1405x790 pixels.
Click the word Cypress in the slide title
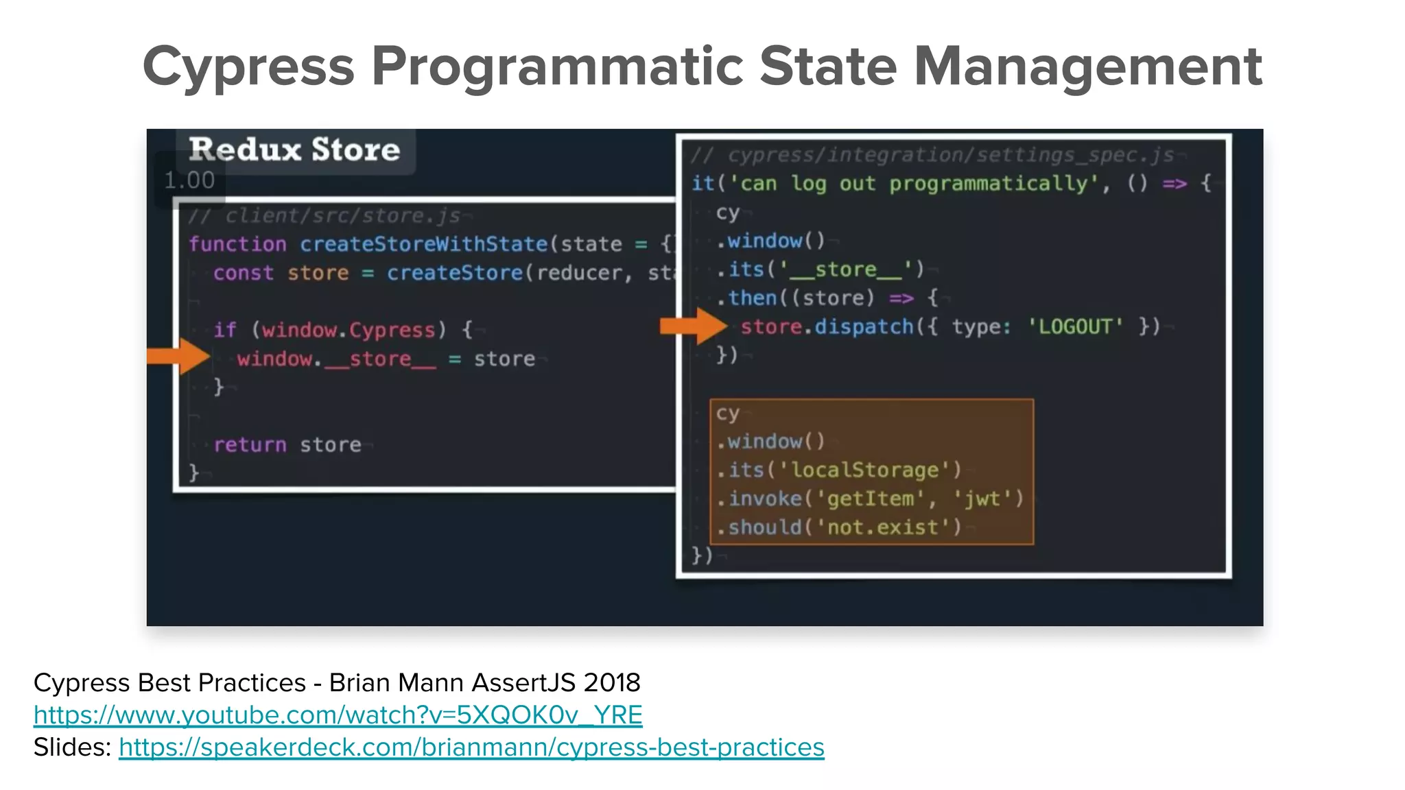(x=248, y=67)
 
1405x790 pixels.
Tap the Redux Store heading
(x=294, y=149)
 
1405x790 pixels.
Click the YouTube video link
(x=338, y=715)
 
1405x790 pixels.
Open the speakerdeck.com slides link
(x=471, y=747)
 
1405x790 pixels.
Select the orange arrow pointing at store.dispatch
(x=693, y=326)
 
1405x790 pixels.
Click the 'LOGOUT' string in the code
(x=1075, y=326)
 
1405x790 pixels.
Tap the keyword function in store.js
(x=237, y=244)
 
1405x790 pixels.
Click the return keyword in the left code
(x=250, y=444)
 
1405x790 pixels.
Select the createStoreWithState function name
(x=423, y=244)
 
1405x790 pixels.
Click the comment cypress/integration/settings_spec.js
(x=933, y=156)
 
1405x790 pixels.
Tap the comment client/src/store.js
(x=324, y=216)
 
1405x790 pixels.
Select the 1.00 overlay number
(x=189, y=180)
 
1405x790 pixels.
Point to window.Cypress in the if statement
(x=349, y=330)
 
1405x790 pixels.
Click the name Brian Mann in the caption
(x=397, y=682)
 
